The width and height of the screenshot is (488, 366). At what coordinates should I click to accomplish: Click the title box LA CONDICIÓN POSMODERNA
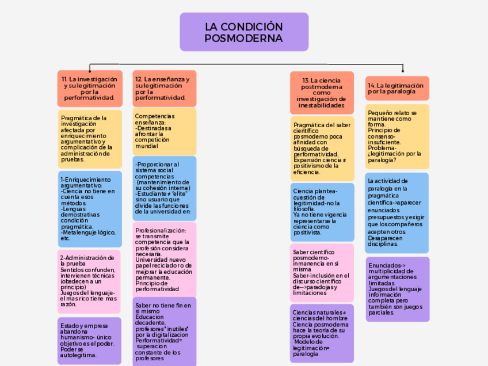tap(244, 32)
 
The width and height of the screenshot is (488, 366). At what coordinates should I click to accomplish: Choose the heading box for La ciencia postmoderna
tap(322, 93)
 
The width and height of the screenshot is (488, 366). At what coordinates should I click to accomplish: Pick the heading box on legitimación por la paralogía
tap(397, 88)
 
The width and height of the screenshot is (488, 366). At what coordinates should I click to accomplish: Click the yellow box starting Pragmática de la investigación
tap(89, 139)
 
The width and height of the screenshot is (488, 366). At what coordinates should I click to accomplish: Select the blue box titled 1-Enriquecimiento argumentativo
tap(89, 209)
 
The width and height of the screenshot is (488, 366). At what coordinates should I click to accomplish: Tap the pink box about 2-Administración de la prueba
tap(89, 281)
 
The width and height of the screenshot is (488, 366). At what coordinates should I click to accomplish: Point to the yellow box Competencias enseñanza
tap(164, 131)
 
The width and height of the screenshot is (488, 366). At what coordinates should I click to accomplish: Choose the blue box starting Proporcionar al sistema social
tap(164, 188)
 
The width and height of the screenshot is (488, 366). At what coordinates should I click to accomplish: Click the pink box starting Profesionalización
tap(164, 259)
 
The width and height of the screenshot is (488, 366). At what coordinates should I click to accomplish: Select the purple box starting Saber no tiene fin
tap(164, 331)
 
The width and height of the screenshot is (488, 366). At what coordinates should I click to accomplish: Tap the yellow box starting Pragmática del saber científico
tap(322, 148)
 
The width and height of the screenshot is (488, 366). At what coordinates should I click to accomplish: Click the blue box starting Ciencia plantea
tap(322, 212)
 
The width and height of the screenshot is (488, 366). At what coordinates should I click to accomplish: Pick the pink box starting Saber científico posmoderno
tap(322, 272)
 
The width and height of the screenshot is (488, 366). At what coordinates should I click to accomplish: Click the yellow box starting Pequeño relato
tap(397, 136)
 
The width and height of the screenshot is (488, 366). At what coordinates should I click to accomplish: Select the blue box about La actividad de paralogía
tap(397, 212)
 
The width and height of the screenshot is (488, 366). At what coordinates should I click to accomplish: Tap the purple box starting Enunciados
tap(397, 289)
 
